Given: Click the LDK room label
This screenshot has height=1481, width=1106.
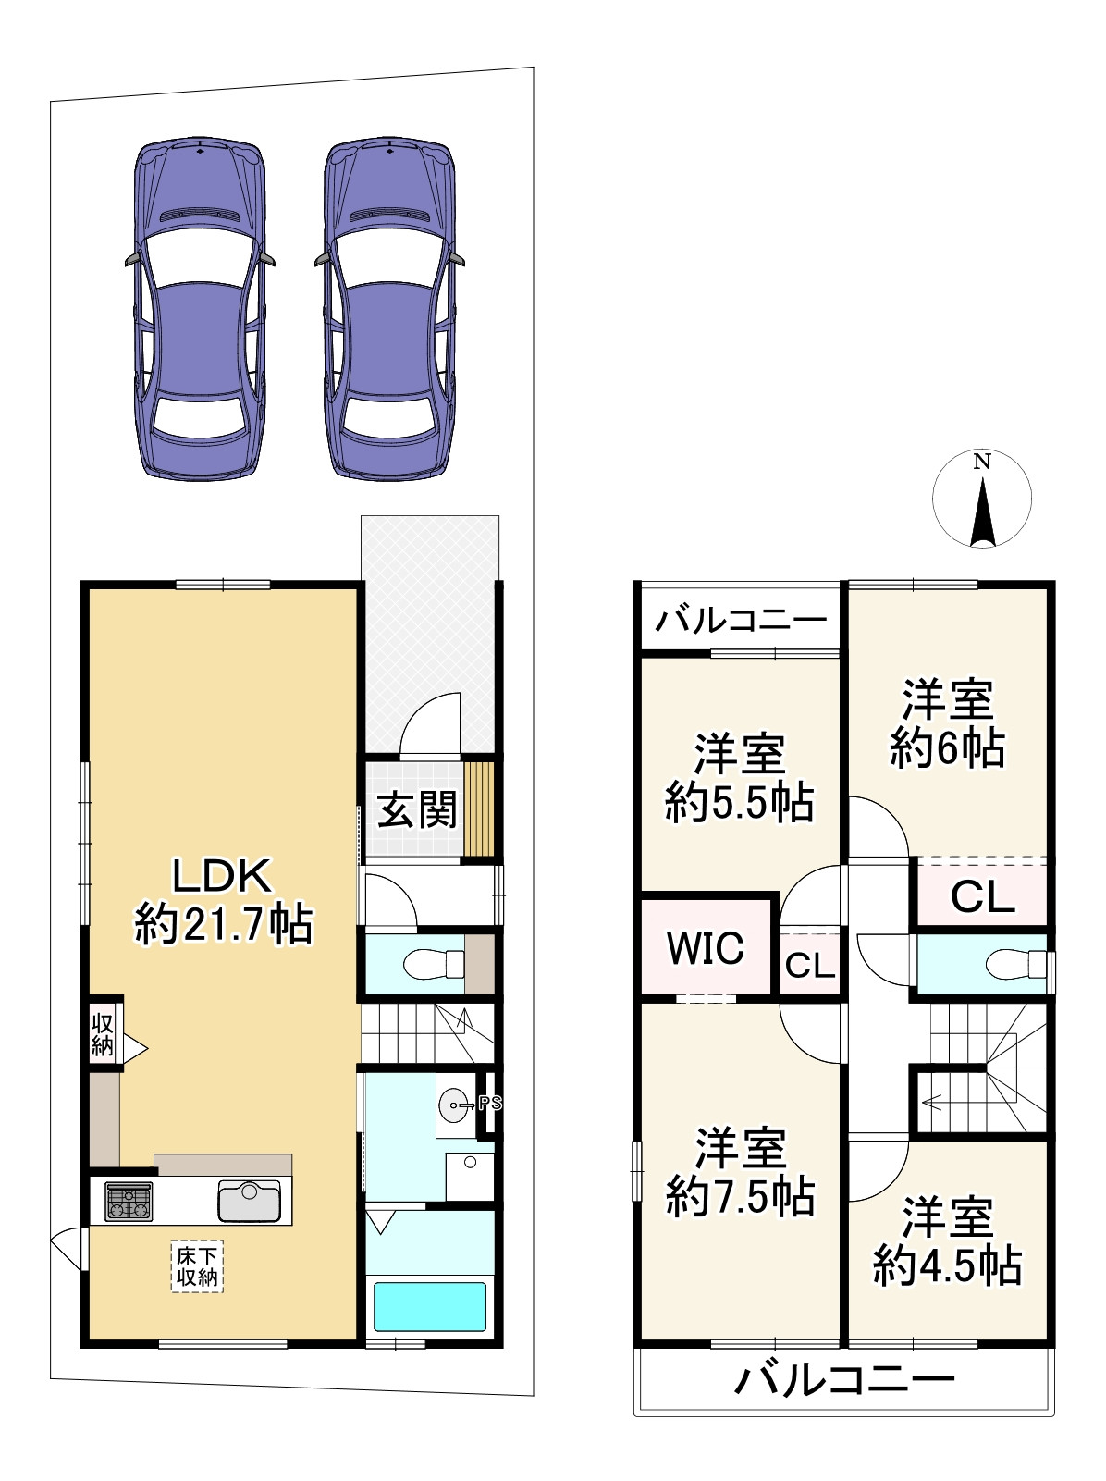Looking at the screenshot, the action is pos(223,877).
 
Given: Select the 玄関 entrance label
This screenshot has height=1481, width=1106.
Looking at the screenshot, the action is pos(417,810).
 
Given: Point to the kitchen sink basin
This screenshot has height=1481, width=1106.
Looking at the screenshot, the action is pos(249,1201).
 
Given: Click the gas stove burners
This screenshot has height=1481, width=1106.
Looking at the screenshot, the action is pos(129,1202).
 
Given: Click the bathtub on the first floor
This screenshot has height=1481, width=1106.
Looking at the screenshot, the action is pos(430,1305).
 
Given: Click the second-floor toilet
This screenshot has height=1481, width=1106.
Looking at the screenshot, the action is pos(1017,964).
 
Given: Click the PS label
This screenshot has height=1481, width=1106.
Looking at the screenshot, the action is pos(490,1104).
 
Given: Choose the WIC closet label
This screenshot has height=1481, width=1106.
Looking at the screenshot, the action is pos(706,946).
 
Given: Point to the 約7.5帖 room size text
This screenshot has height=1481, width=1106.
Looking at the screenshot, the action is pos(741,1196).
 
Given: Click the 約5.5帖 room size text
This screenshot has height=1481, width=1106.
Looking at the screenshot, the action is pos(740,802).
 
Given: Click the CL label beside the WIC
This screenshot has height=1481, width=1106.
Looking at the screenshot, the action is pos(810,966).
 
